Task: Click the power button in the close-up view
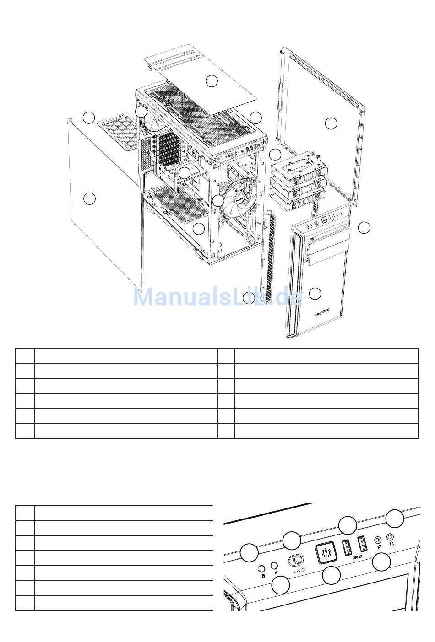pos(326,552)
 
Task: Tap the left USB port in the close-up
pos(347,547)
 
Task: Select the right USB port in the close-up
pos(362,544)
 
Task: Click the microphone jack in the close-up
pos(378,540)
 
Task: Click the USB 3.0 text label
pos(357,556)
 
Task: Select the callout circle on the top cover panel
pos(211,81)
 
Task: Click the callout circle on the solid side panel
pos(89,198)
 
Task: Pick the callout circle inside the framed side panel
pos(331,123)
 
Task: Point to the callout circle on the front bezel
pos(315,293)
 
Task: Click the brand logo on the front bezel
pos(322,314)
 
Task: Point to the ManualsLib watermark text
pos(217,297)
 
